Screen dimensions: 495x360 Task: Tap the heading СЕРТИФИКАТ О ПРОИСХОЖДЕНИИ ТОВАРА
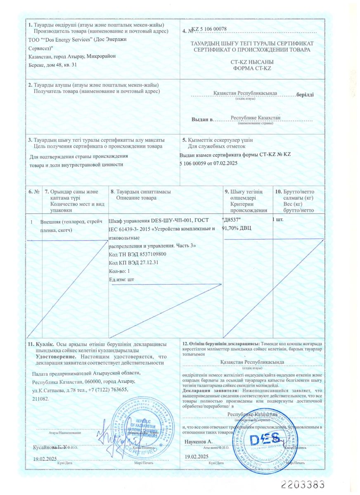click(x=252, y=50)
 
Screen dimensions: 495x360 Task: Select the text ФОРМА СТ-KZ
click(x=251, y=68)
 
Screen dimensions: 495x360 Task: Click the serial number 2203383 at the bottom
click(x=303, y=484)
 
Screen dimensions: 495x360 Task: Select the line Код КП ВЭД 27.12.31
click(x=134, y=263)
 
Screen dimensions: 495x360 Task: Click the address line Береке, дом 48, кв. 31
click(x=53, y=65)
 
